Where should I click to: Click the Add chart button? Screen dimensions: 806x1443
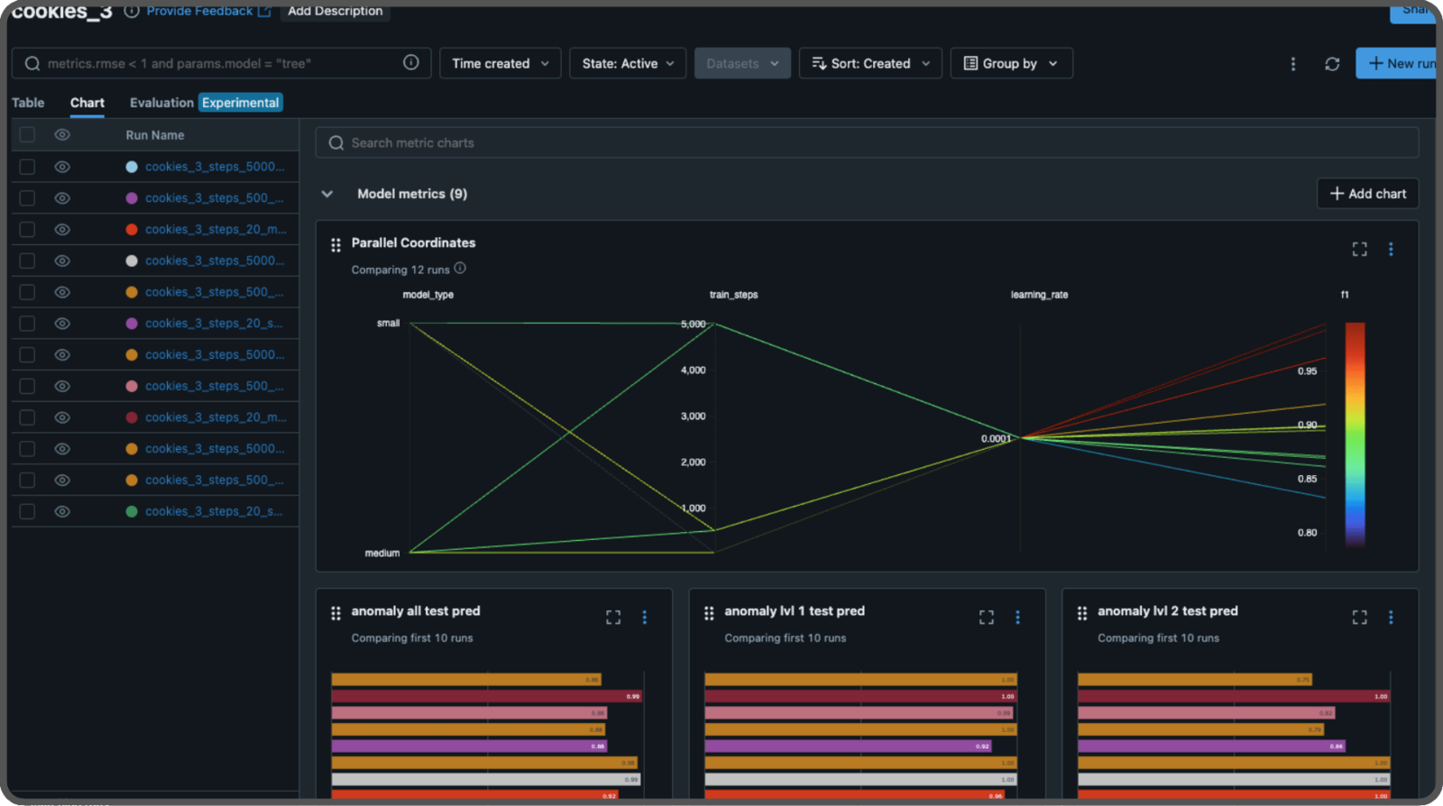tap(1367, 194)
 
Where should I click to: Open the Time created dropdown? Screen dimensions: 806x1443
tap(500, 64)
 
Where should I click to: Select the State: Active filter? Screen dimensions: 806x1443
tap(628, 64)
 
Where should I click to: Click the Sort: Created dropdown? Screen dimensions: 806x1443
tap(870, 64)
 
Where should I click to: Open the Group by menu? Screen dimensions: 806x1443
tap(1011, 64)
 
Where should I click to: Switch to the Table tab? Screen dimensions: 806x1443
tap(28, 103)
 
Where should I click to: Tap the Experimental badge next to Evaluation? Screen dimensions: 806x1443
tap(241, 103)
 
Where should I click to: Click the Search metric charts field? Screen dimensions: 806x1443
tap(866, 142)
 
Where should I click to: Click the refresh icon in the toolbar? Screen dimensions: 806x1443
tap(1332, 64)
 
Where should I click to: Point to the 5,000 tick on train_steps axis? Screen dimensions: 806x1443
tap(693, 324)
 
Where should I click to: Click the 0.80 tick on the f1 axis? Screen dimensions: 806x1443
tap(1307, 533)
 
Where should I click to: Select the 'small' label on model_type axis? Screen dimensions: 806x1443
tap(388, 323)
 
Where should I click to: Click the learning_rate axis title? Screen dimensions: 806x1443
tap(1039, 295)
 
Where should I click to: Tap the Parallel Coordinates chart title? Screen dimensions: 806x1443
tap(413, 243)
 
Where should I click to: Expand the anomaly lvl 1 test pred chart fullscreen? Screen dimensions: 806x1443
tap(987, 618)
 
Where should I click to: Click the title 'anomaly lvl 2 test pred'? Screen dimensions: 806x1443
tap(1167, 611)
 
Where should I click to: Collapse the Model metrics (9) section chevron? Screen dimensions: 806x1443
tap(327, 194)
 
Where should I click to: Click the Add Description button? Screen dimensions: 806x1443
tap(335, 11)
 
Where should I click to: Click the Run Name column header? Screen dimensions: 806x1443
tap(155, 135)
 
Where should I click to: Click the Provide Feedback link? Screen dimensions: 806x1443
tap(199, 11)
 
